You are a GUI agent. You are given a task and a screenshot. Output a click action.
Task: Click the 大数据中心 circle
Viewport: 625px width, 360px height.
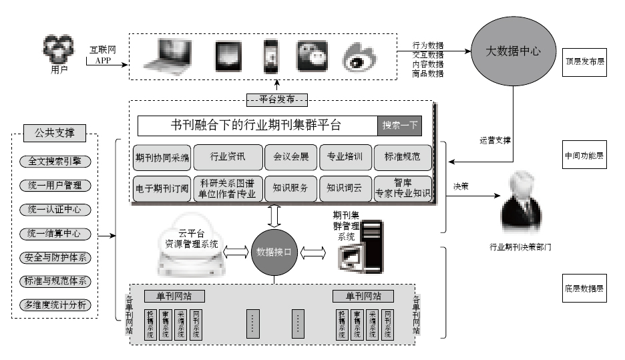click(511, 51)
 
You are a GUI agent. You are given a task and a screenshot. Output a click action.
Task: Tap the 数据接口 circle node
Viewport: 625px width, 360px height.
click(274, 252)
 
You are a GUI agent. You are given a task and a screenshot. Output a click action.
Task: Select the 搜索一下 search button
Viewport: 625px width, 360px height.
click(400, 125)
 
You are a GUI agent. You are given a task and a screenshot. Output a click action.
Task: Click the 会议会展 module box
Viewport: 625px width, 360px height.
click(290, 158)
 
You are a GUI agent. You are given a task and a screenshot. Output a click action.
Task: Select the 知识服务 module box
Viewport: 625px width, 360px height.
click(290, 188)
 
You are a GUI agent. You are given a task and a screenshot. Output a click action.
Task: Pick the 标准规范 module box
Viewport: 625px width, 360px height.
click(403, 158)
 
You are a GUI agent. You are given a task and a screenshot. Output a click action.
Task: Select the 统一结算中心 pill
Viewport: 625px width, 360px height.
click(55, 234)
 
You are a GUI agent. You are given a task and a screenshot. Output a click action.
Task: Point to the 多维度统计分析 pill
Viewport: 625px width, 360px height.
click(55, 306)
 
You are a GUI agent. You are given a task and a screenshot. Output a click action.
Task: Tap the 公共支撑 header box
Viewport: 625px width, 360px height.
click(55, 133)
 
